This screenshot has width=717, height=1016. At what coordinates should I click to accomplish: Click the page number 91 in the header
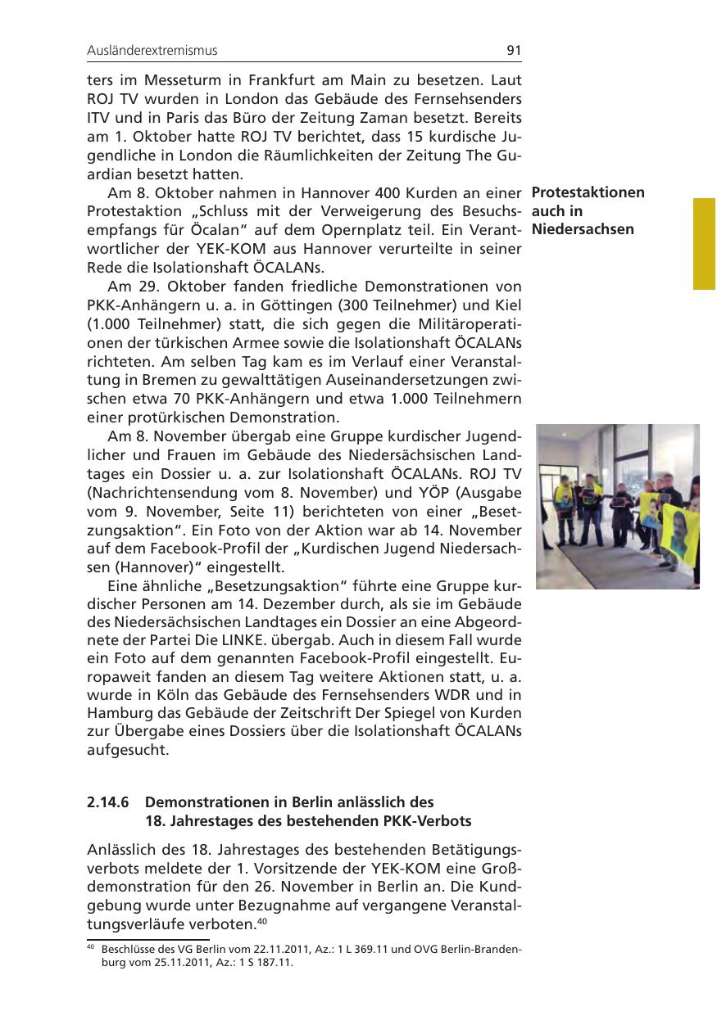pos(514,51)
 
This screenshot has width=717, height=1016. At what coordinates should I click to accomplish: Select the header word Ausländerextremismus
pos(152,51)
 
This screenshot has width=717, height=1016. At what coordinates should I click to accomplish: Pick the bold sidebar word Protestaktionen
pos(588,193)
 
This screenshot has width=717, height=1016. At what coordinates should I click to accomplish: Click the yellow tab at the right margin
pos(705,243)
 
